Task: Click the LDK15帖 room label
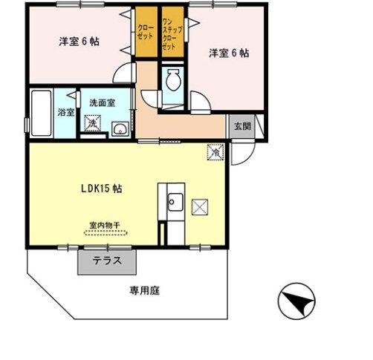pos(102,189)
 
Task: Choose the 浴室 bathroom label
pos(65,113)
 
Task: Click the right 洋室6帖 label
pos(228,53)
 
